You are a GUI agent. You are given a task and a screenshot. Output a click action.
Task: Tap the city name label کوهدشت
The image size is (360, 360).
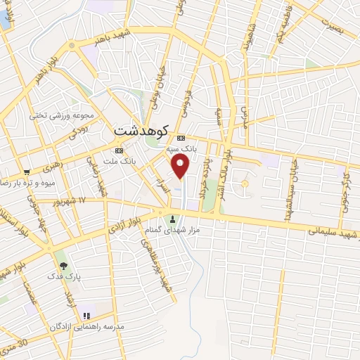point(141,131)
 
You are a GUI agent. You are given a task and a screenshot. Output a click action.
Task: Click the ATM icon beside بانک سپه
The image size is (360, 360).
point(182,138)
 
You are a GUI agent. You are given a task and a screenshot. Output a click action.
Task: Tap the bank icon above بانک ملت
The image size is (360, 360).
point(119,150)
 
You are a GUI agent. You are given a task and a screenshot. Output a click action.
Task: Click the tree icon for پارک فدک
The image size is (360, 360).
point(64,266)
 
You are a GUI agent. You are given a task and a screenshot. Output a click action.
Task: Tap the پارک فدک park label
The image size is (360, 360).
point(69,278)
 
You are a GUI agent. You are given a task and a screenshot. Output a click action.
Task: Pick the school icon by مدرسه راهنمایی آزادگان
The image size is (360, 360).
point(86,316)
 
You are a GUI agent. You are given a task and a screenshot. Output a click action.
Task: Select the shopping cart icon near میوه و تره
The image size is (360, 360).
point(27,171)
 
